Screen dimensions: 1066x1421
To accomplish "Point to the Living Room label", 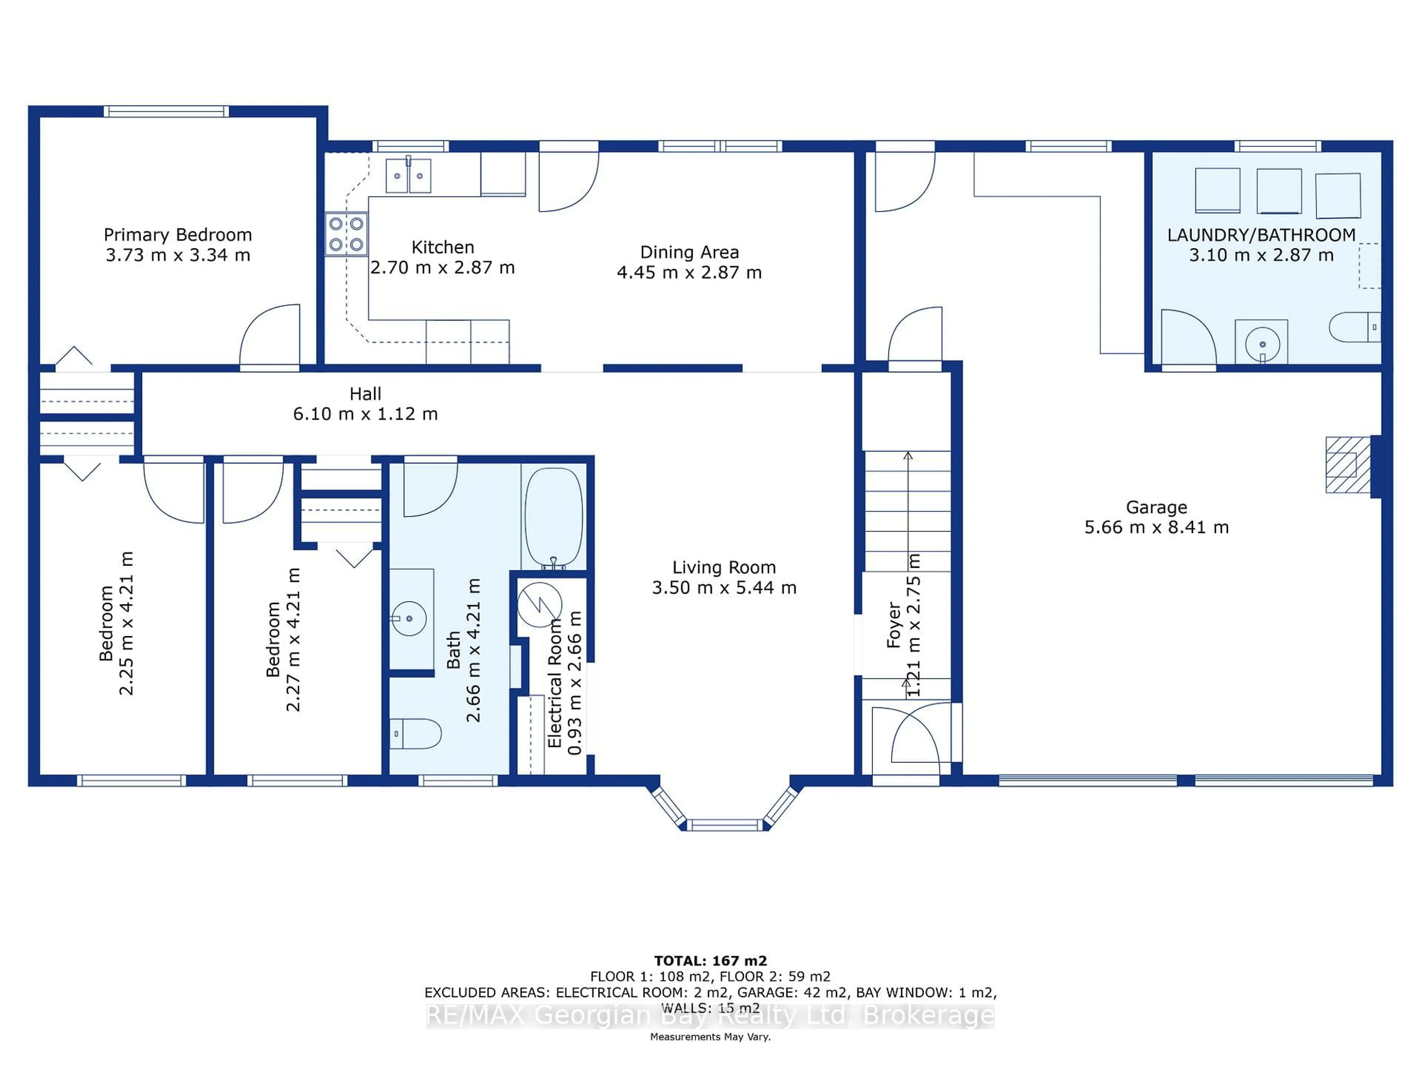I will (723, 567).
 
